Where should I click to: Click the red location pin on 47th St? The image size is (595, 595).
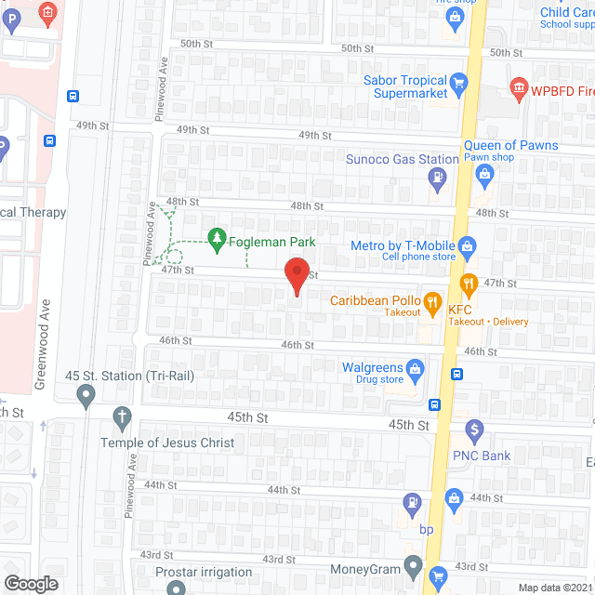[x=297, y=275]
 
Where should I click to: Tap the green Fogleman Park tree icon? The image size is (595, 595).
[x=217, y=242]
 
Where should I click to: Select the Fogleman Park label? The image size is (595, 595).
[x=274, y=242]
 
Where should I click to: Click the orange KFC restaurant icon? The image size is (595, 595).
[x=469, y=283]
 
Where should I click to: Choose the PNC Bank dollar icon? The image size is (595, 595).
[x=475, y=430]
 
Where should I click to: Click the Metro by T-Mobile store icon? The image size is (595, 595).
[x=468, y=246]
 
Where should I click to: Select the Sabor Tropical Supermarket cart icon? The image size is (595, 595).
[x=458, y=87]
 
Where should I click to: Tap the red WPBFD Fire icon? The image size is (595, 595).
[x=518, y=91]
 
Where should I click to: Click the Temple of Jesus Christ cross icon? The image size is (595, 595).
[x=121, y=417]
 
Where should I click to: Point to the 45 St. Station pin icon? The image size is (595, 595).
[x=86, y=398]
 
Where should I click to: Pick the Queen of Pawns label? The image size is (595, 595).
[x=511, y=145]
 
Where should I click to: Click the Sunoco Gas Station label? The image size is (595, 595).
[x=403, y=159]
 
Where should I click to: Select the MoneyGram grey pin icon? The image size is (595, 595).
[x=414, y=569]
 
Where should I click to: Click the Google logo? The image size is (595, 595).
[x=31, y=584]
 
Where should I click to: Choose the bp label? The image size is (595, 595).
[x=427, y=530]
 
